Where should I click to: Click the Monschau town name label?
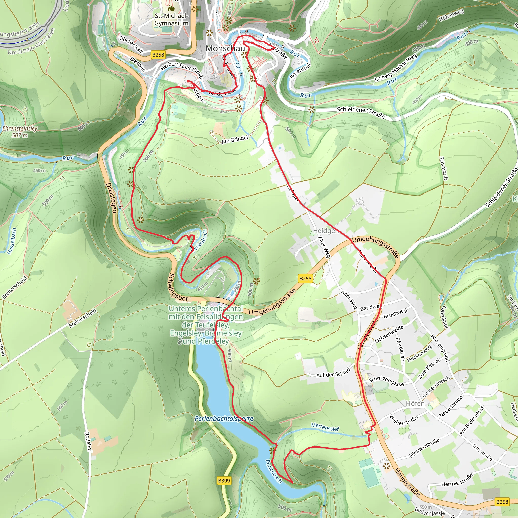225,48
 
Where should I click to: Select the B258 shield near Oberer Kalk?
158,55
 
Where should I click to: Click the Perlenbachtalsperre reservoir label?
224,418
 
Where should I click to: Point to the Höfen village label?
415,403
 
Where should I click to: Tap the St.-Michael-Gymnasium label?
171,19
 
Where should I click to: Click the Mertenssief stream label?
325,427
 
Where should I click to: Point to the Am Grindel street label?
235,139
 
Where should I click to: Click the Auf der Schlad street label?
333,373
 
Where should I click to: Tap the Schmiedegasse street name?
386,382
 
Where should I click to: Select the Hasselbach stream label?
12,241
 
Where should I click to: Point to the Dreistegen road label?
111,198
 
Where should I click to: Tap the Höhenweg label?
451,15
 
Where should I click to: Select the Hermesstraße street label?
457,480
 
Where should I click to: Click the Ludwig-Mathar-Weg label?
396,68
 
